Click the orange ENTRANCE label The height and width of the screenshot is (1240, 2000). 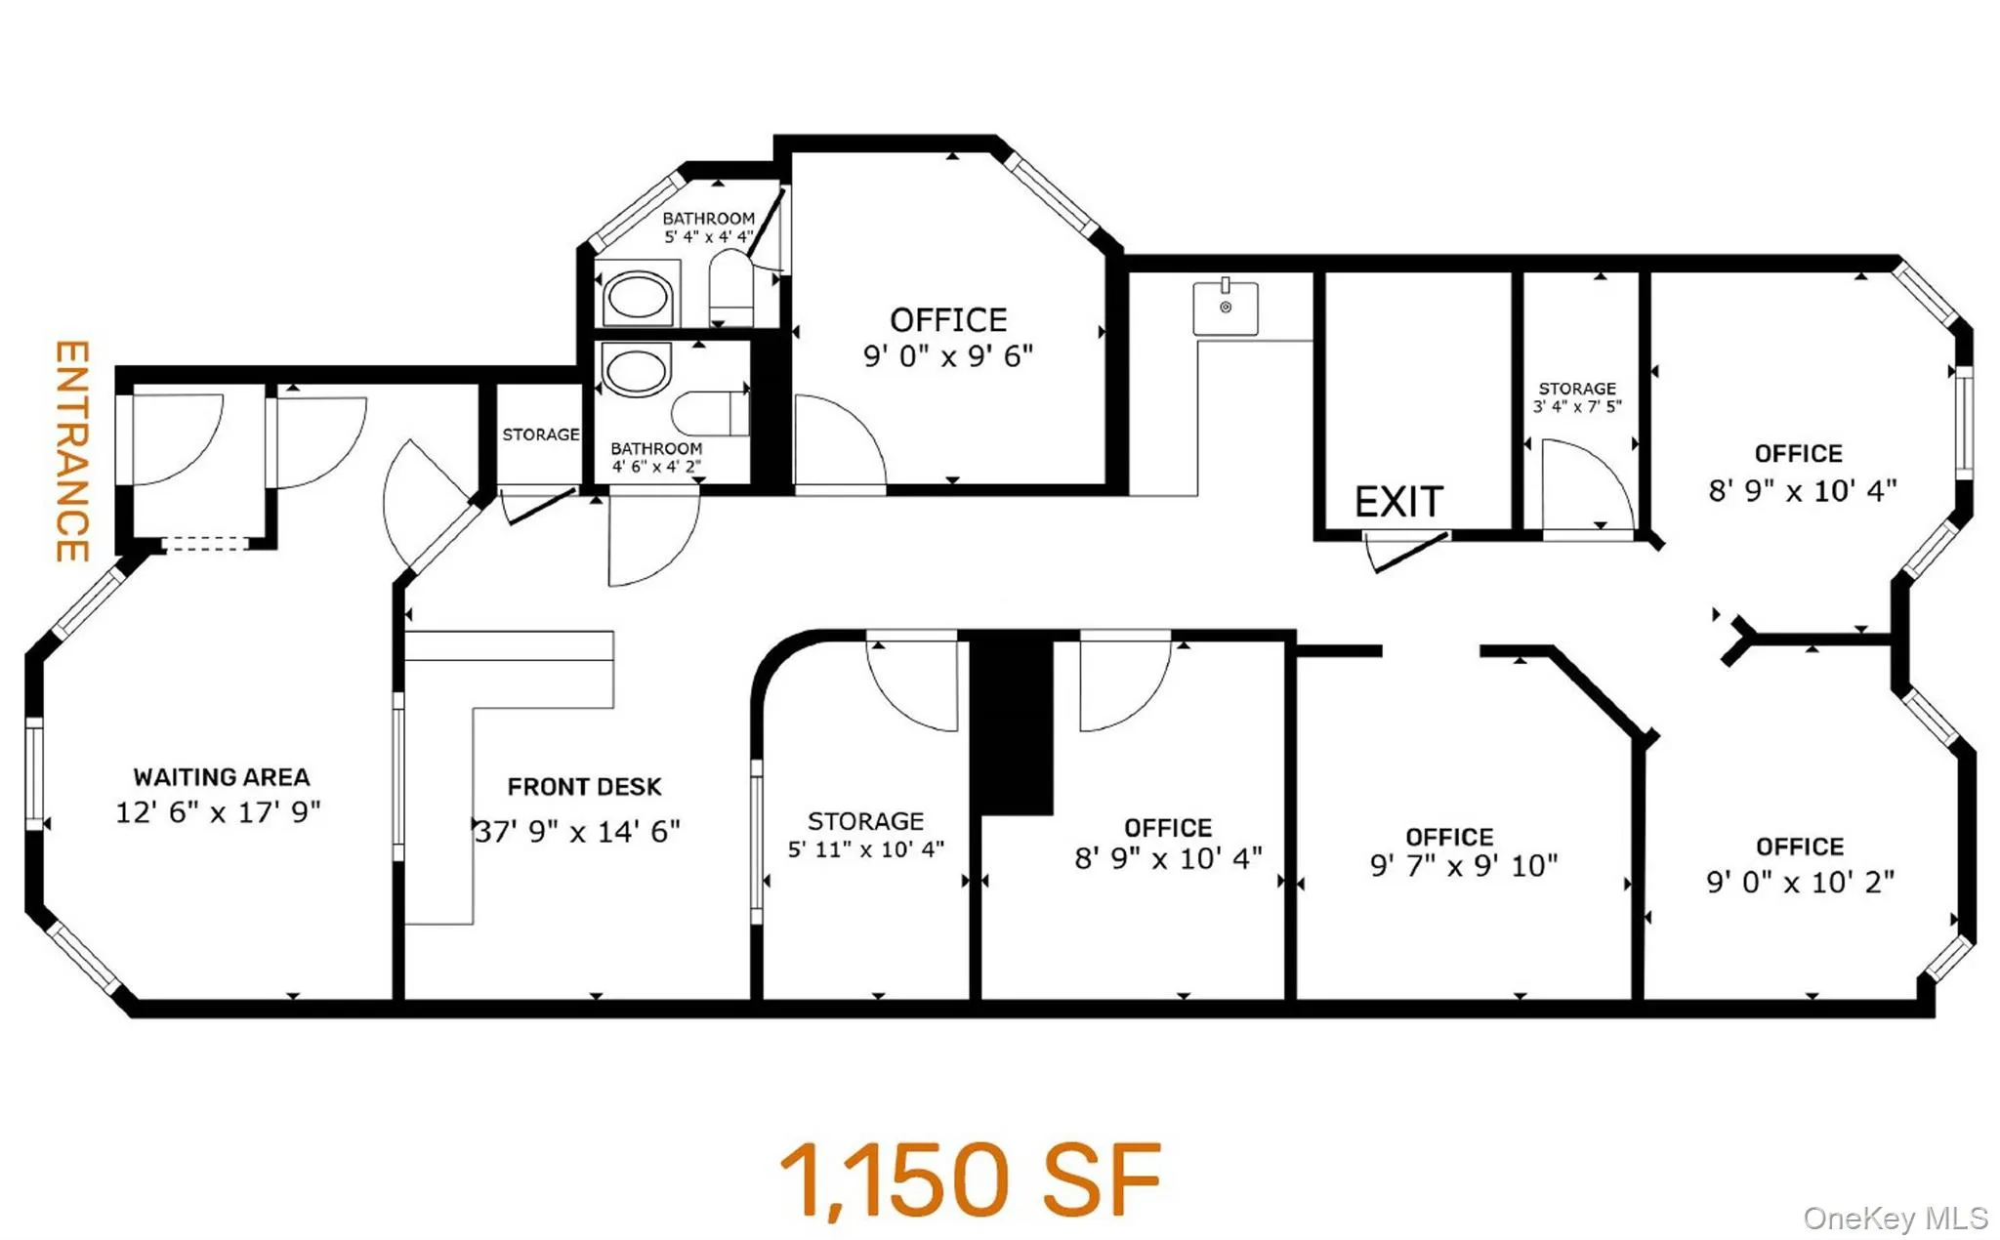click(72, 450)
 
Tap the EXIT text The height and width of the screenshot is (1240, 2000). click(1397, 502)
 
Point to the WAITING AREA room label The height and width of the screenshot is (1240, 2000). click(222, 777)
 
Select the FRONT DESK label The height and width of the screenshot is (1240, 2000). click(584, 786)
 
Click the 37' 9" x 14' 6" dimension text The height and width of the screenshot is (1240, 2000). click(578, 831)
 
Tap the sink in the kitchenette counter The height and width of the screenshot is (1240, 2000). click(1226, 308)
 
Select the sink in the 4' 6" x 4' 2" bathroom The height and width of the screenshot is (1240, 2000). click(636, 370)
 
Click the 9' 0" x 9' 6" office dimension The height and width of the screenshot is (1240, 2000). click(947, 356)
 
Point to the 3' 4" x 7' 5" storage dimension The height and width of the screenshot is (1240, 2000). click(1577, 406)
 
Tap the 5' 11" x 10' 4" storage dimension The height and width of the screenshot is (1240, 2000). click(866, 849)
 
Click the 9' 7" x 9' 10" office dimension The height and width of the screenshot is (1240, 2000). click(1463, 865)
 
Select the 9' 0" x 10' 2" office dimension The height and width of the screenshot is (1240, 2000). click(1800, 882)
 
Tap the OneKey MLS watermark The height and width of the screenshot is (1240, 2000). click(1895, 1218)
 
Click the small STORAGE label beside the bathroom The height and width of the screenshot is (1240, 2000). click(540, 434)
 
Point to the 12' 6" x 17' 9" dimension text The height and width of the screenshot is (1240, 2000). click(218, 811)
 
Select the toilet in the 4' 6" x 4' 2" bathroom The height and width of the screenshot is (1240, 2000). click(708, 413)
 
